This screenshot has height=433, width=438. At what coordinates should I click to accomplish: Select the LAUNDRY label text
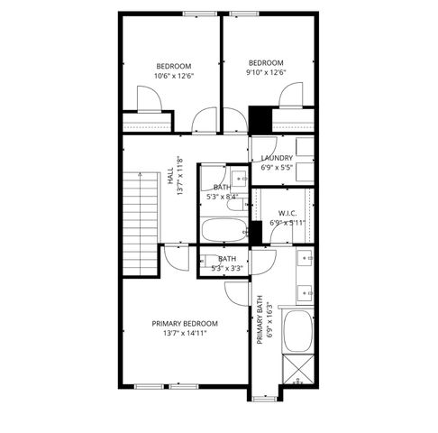pyautogui.click(x=276, y=157)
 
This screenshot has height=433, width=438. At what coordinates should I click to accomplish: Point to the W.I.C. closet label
pyautogui.click(x=287, y=213)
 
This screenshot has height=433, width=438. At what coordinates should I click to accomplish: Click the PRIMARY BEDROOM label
pyautogui.click(x=185, y=323)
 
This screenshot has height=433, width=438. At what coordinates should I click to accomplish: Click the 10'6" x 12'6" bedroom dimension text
pyautogui.click(x=174, y=76)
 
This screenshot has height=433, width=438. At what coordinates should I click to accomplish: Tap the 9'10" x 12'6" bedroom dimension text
pyautogui.click(x=266, y=73)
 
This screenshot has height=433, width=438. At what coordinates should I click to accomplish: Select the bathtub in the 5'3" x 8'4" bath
pyautogui.click(x=223, y=231)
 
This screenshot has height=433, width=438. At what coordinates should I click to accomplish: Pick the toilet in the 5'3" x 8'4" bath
pyautogui.click(x=210, y=177)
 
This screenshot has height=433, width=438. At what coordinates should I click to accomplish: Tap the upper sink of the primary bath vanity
pyautogui.click(x=306, y=259)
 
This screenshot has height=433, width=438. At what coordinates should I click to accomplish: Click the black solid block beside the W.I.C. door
pyautogui.click(x=256, y=232)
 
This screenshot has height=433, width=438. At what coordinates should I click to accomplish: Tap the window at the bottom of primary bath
pyautogui.click(x=266, y=396)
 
